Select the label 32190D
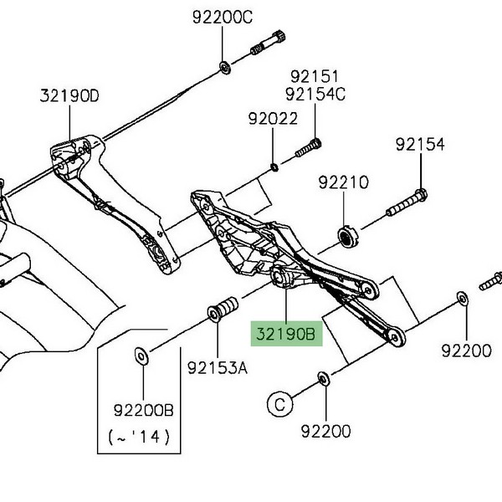coord(69,95)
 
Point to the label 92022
coord(273,120)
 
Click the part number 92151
coord(314,77)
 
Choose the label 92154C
coord(315,94)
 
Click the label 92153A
coord(218,366)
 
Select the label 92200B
coord(143,410)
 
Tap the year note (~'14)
coord(140,437)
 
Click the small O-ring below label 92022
coord(274,167)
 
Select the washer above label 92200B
coord(140,356)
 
